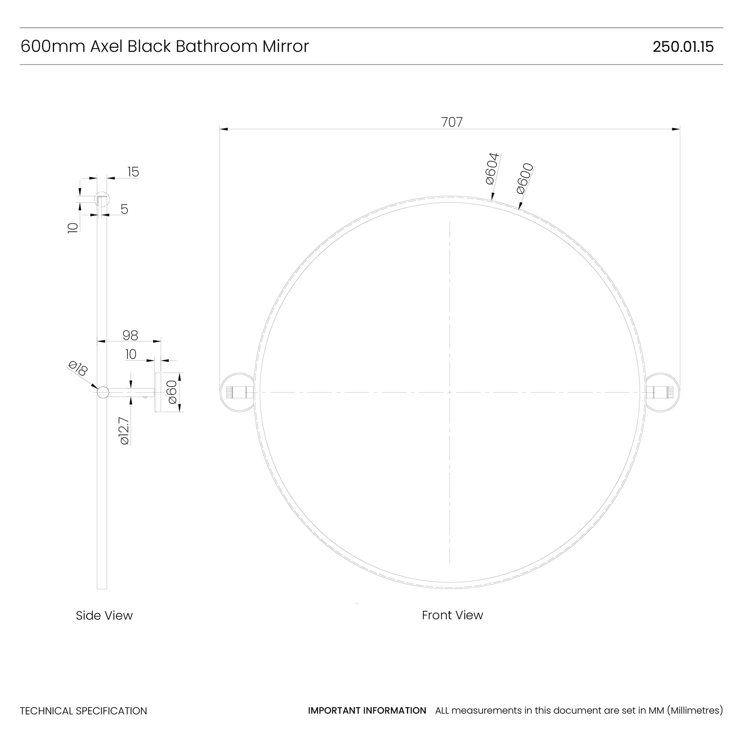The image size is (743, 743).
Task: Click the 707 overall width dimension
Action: (x=452, y=122)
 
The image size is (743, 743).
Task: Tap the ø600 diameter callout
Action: (x=525, y=178)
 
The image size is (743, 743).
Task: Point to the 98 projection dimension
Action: (x=130, y=336)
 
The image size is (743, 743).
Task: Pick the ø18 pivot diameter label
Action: (x=78, y=368)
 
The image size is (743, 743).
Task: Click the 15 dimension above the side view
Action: (x=133, y=172)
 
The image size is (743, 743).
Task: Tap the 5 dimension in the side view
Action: (x=124, y=209)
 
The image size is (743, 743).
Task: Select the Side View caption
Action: (x=104, y=615)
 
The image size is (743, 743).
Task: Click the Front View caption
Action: (x=452, y=615)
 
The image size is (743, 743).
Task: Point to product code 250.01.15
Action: (x=683, y=47)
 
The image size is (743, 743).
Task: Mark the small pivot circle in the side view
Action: (x=103, y=392)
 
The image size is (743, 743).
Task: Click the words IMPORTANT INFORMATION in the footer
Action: (x=367, y=710)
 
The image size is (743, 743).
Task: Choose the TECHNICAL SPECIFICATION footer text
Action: (x=83, y=711)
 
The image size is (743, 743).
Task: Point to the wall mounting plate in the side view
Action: (x=158, y=392)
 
